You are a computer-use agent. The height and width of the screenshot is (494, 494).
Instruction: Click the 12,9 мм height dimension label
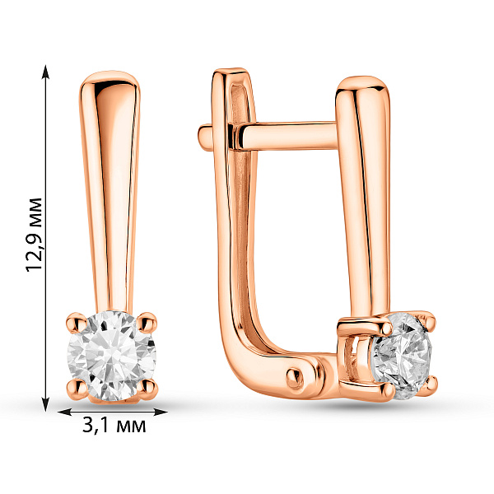(34, 235)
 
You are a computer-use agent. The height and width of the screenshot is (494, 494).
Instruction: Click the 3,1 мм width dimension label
(114, 426)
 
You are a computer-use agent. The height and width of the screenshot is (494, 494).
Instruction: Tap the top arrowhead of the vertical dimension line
(46, 72)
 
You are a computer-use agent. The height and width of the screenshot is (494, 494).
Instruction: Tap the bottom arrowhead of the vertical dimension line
(46, 404)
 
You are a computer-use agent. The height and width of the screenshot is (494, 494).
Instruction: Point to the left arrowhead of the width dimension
(65, 412)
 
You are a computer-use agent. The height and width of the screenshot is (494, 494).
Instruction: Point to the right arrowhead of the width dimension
(161, 412)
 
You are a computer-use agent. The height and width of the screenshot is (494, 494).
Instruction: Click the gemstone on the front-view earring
(112, 356)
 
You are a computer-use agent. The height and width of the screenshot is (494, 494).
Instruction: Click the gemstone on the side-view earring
(403, 356)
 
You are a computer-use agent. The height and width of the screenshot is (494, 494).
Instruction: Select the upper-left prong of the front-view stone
(77, 323)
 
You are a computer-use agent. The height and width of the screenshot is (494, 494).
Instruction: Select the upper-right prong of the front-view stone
(147, 322)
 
